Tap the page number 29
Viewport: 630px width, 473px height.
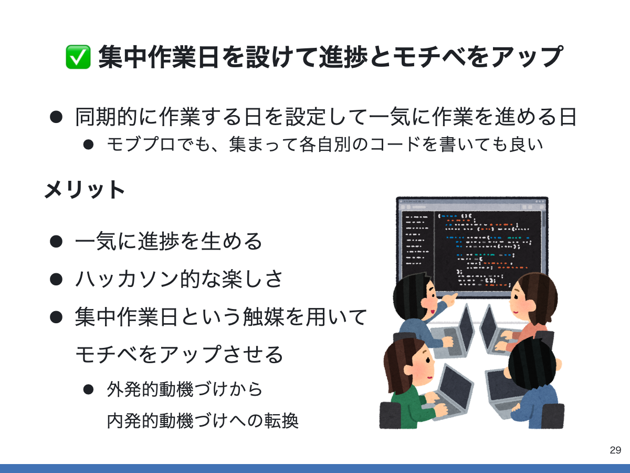(x=615, y=450)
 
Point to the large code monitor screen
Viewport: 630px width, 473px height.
(x=471, y=242)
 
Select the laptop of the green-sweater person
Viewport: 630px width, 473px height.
(x=446, y=389)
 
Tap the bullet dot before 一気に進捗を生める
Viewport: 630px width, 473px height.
(x=56, y=242)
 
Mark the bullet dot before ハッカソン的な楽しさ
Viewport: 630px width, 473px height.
(x=56, y=279)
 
